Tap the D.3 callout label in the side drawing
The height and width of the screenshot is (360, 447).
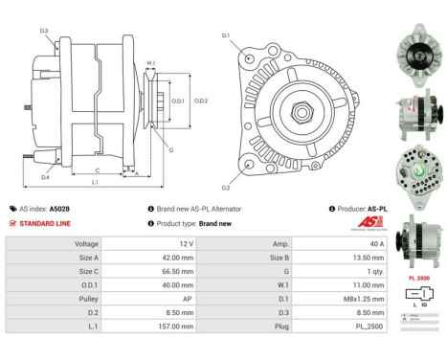(x=45, y=31)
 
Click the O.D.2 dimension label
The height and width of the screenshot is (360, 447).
(x=201, y=101)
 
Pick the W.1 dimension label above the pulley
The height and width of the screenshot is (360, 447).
(x=151, y=64)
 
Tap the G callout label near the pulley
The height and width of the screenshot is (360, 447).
(x=170, y=150)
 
